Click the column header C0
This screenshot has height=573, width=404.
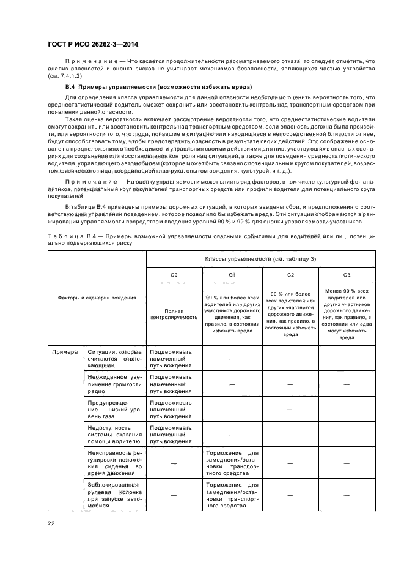tap(174, 275)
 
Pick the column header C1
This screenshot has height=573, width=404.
tap(232, 275)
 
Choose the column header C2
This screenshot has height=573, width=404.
tap(290, 275)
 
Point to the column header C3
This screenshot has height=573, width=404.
tap(347, 275)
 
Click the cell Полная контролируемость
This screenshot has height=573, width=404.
tap(174, 314)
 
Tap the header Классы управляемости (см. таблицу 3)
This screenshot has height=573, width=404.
tap(260, 259)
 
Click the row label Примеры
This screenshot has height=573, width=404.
tap(65, 352)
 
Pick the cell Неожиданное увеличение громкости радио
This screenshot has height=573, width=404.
tap(114, 384)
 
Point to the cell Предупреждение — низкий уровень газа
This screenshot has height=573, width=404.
tap(114, 409)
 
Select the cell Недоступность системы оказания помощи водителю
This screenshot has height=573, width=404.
tap(114, 434)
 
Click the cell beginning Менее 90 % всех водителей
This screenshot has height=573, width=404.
tap(347, 313)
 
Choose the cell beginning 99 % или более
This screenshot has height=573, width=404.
tap(232, 314)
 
